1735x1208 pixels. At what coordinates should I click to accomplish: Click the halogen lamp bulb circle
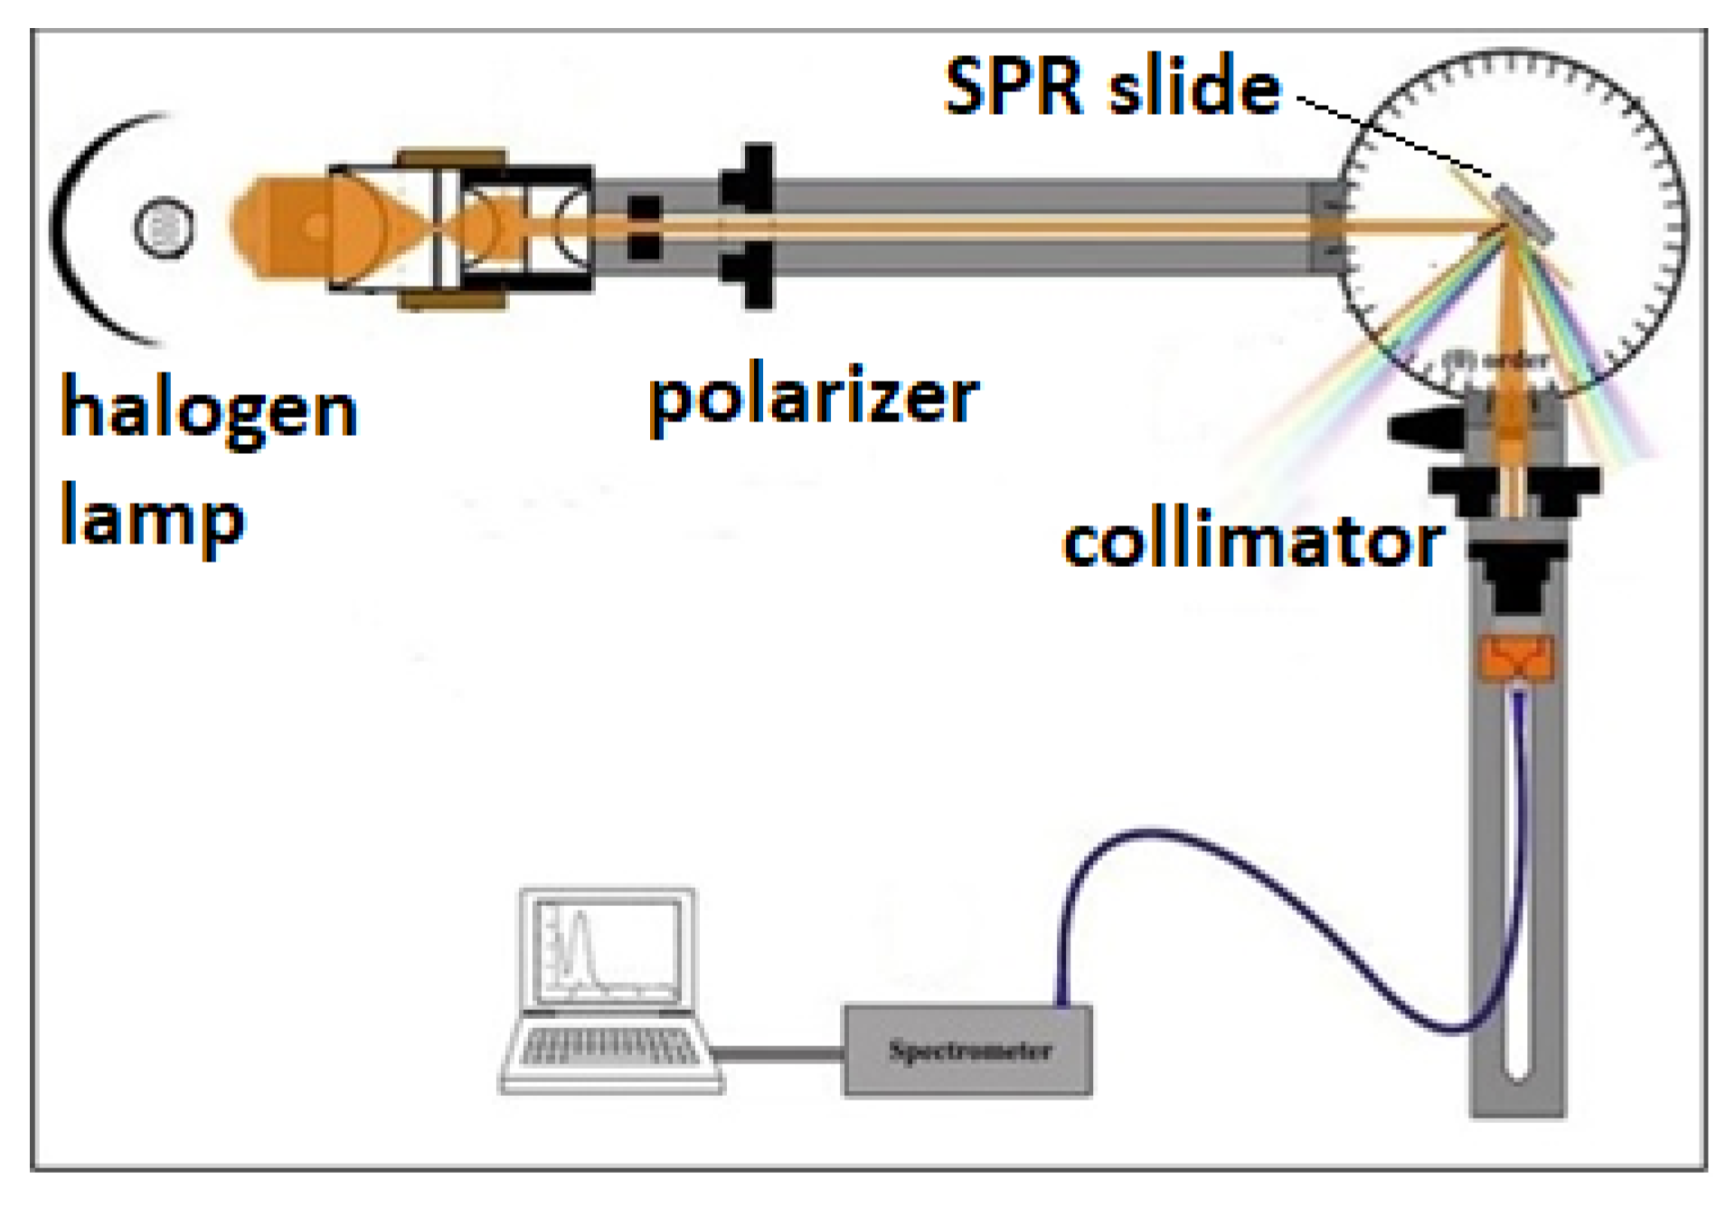164,226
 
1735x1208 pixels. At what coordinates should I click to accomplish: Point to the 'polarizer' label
813,398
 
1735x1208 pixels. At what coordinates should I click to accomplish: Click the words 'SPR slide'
1112,87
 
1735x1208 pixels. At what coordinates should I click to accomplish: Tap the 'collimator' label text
1252,543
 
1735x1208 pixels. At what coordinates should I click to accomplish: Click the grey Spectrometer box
967,1051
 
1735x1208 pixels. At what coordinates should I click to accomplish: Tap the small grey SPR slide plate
1524,215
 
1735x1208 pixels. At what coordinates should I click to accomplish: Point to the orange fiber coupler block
1517,657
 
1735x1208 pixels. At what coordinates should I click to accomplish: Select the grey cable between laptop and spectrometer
778,1053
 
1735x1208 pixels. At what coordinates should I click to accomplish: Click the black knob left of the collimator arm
1419,427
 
